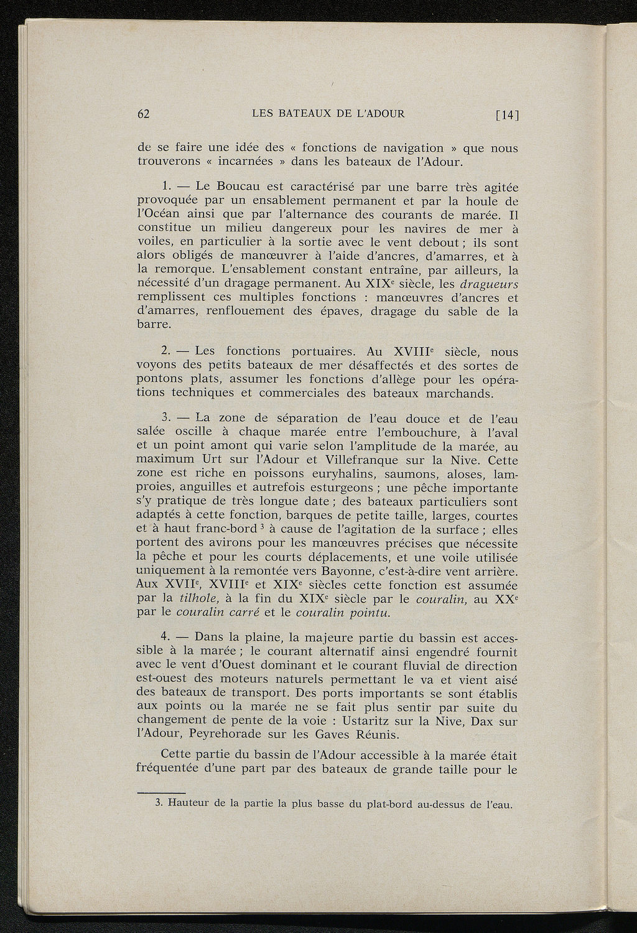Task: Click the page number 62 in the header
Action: (144, 114)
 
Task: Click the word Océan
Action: (163, 215)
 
